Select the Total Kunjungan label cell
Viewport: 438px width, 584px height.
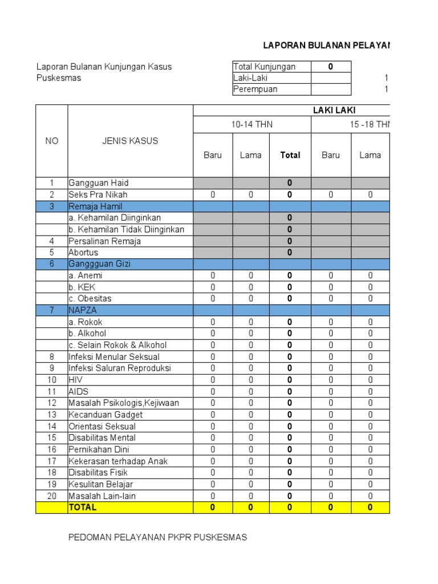point(265,67)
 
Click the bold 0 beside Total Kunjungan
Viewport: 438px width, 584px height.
point(330,67)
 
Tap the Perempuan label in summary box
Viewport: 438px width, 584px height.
point(255,89)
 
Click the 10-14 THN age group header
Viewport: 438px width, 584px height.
point(252,124)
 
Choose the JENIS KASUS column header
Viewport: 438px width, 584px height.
point(130,141)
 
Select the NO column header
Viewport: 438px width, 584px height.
point(51,141)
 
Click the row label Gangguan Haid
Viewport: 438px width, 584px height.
point(99,183)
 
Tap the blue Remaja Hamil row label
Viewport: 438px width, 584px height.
point(95,206)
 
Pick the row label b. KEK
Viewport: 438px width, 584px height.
point(82,287)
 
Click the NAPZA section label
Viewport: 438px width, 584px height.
point(83,310)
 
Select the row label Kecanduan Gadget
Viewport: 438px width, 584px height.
point(106,415)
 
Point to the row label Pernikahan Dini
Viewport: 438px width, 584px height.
point(99,449)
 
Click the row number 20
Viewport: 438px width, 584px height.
point(51,496)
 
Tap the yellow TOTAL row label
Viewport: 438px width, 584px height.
point(83,508)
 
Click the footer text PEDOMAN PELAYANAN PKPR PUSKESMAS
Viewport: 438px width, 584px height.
point(158,537)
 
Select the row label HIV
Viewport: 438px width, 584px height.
point(76,380)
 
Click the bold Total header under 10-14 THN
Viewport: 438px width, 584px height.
point(290,155)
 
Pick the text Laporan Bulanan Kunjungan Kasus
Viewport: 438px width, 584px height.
point(104,67)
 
